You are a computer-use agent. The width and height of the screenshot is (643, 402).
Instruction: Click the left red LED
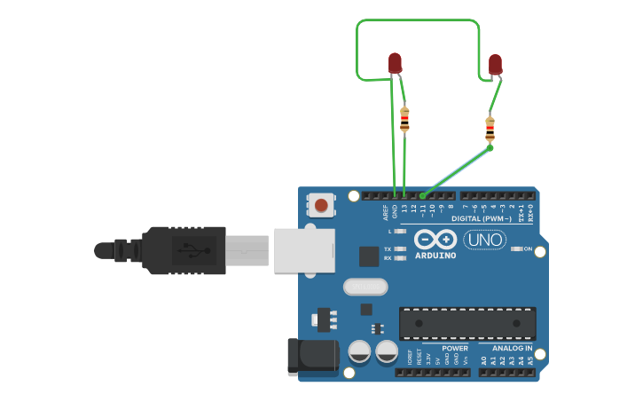point(395,63)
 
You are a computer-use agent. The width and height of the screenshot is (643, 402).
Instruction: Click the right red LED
point(495,64)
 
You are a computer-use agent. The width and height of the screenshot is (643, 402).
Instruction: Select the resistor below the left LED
point(405,119)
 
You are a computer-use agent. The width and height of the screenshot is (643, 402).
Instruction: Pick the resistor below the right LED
point(490,130)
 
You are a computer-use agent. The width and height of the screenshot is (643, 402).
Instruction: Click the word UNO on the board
point(483,240)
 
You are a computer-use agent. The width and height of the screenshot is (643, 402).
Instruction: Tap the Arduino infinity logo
point(435,240)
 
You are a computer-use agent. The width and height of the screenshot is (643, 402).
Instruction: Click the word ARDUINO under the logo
point(435,256)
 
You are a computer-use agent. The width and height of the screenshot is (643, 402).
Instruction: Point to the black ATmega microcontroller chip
point(467,323)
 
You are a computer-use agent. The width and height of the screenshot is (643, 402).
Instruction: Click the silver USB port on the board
point(304,249)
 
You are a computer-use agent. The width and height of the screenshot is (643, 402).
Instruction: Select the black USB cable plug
point(182,249)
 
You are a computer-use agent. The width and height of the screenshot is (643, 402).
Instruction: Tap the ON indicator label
point(528,249)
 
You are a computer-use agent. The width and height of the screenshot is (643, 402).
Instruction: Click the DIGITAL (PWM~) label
point(481,218)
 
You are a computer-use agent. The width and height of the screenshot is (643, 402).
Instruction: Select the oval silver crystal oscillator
point(365,287)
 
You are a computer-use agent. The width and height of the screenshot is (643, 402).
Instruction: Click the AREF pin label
point(386,213)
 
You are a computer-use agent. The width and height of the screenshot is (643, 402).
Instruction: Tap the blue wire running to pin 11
point(458,171)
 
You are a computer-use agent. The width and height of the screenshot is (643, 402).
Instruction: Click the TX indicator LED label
point(388,249)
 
